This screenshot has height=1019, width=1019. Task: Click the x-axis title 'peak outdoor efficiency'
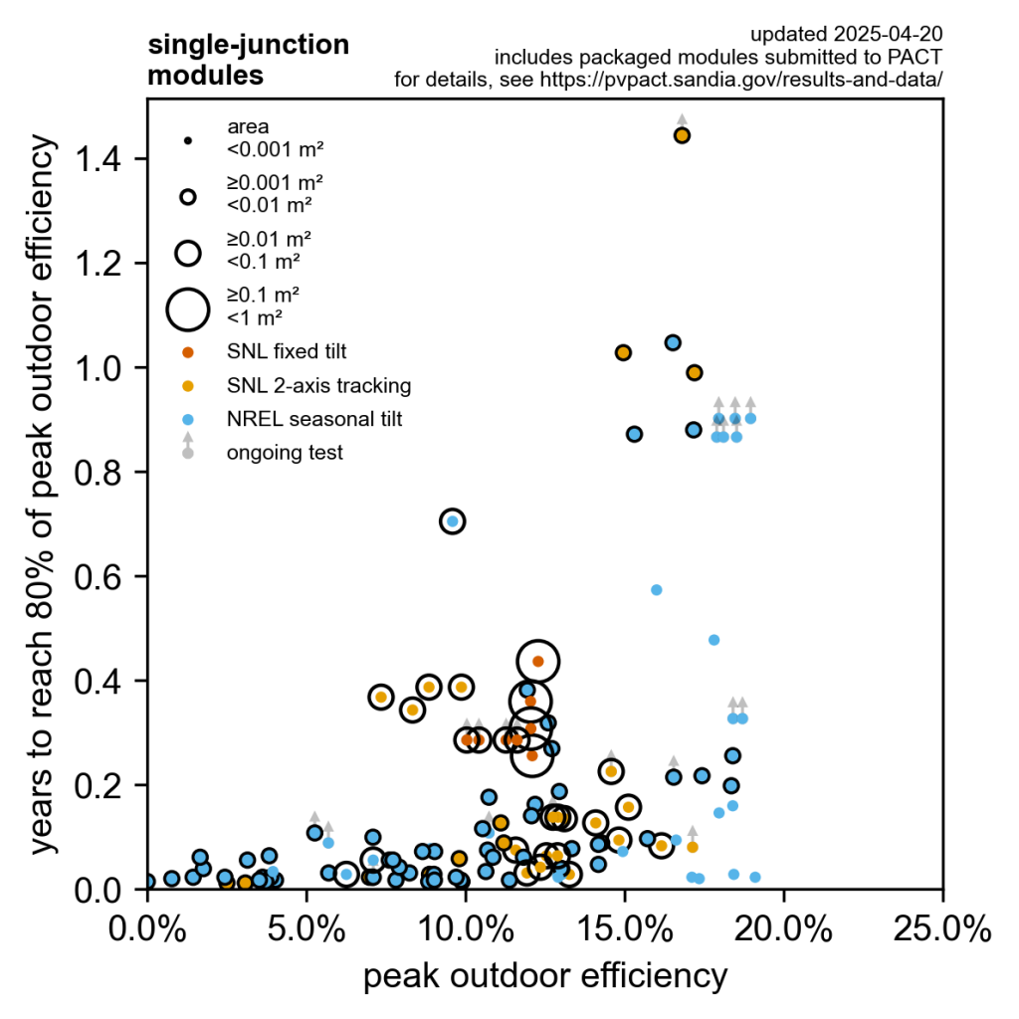tap(544, 977)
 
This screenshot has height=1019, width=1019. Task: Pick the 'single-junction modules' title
tap(248, 60)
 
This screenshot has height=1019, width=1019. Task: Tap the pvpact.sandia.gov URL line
tap(668, 79)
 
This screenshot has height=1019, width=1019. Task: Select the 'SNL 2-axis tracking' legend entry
tap(318, 385)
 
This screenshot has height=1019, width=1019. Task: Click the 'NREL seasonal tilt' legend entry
tap(314, 419)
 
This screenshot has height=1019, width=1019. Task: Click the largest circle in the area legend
tap(187, 308)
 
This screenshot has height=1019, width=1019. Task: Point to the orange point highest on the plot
tap(682, 135)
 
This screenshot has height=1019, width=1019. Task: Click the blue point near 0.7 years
tap(453, 521)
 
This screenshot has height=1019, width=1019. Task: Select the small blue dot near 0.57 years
tap(657, 590)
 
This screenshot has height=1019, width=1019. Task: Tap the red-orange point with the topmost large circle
tap(538, 661)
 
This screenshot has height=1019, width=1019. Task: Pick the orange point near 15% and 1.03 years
tap(623, 352)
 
